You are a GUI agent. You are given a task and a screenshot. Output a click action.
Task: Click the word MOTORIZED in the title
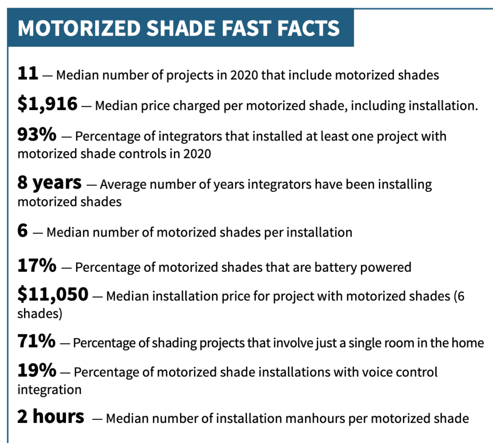(x=79, y=28)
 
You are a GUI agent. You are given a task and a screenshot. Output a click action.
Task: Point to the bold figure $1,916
(x=48, y=104)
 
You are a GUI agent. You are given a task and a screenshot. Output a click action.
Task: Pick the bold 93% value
(x=37, y=135)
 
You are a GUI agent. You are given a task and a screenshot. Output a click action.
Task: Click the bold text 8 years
(x=50, y=183)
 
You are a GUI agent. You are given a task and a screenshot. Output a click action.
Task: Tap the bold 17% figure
(x=37, y=266)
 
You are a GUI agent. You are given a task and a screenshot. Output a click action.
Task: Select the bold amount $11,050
(x=53, y=294)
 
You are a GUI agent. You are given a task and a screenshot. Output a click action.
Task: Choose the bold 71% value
(x=37, y=341)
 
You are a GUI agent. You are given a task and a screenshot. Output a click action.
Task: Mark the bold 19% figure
(x=37, y=370)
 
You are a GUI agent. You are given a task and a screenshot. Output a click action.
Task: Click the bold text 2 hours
(x=51, y=417)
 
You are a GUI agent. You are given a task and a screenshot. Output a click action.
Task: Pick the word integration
(x=50, y=390)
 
